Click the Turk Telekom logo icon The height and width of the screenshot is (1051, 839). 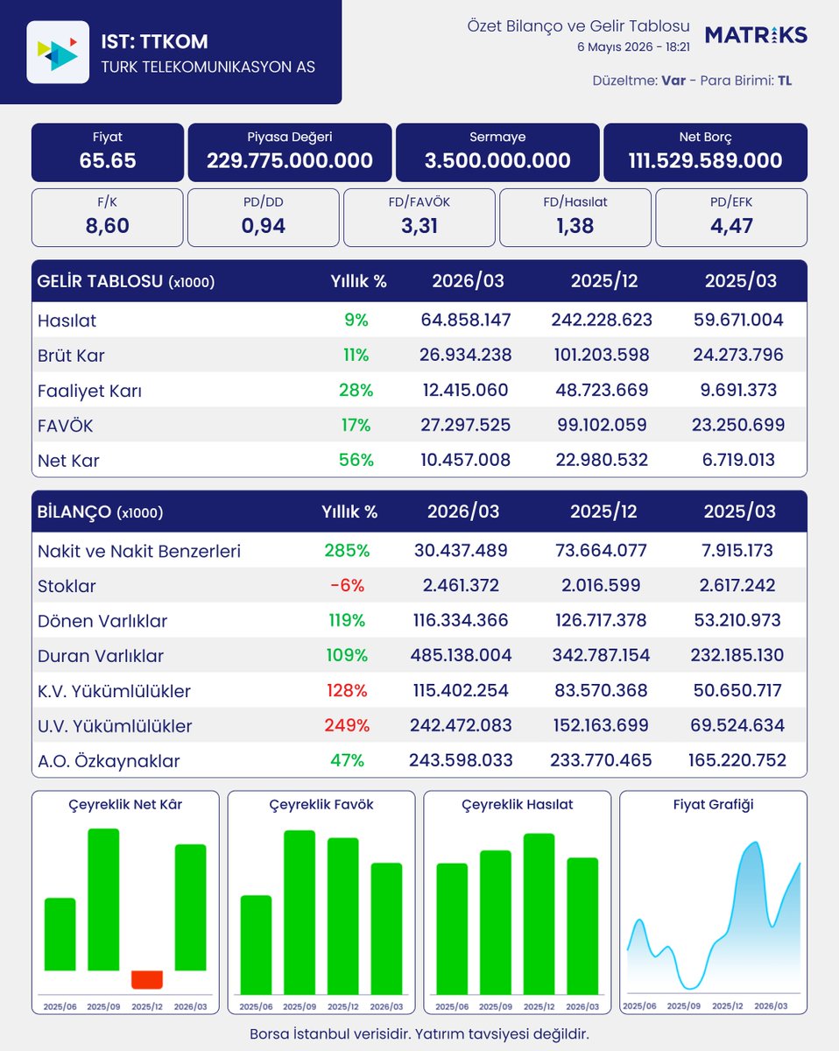pyautogui.click(x=58, y=52)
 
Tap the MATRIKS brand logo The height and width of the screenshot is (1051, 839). pyautogui.click(x=756, y=35)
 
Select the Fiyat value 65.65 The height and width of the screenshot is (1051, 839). pyautogui.click(x=108, y=160)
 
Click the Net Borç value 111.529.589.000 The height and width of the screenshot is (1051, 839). pyautogui.click(x=705, y=160)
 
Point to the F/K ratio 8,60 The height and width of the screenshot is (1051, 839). pyautogui.click(x=108, y=226)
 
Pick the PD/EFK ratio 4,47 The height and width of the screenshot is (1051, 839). pyautogui.click(x=731, y=226)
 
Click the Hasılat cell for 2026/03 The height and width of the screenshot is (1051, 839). pyautogui.click(x=465, y=320)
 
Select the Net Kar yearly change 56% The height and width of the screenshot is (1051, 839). pyautogui.click(x=356, y=460)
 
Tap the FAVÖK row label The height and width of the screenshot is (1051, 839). pyautogui.click(x=65, y=426)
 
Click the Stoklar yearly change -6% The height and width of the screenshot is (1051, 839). pyautogui.click(x=347, y=585)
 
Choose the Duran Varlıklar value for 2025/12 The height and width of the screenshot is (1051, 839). pyautogui.click(x=601, y=655)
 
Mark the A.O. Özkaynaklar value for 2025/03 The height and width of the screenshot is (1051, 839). pyautogui.click(x=737, y=760)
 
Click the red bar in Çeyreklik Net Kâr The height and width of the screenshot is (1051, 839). pyautogui.click(x=147, y=980)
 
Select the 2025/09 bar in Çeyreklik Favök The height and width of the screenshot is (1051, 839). pyautogui.click(x=300, y=913)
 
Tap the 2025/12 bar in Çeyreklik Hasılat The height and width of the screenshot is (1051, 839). pyautogui.click(x=539, y=913)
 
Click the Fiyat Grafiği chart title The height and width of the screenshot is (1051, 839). pyautogui.click(x=713, y=804)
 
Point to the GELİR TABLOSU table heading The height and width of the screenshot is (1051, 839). pyautogui.click(x=125, y=281)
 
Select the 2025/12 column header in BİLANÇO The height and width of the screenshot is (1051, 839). pyautogui.click(x=603, y=511)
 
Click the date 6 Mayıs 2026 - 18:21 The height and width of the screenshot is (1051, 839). pyautogui.click(x=633, y=47)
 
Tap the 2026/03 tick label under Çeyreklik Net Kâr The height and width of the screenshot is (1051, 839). pyautogui.click(x=190, y=1006)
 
